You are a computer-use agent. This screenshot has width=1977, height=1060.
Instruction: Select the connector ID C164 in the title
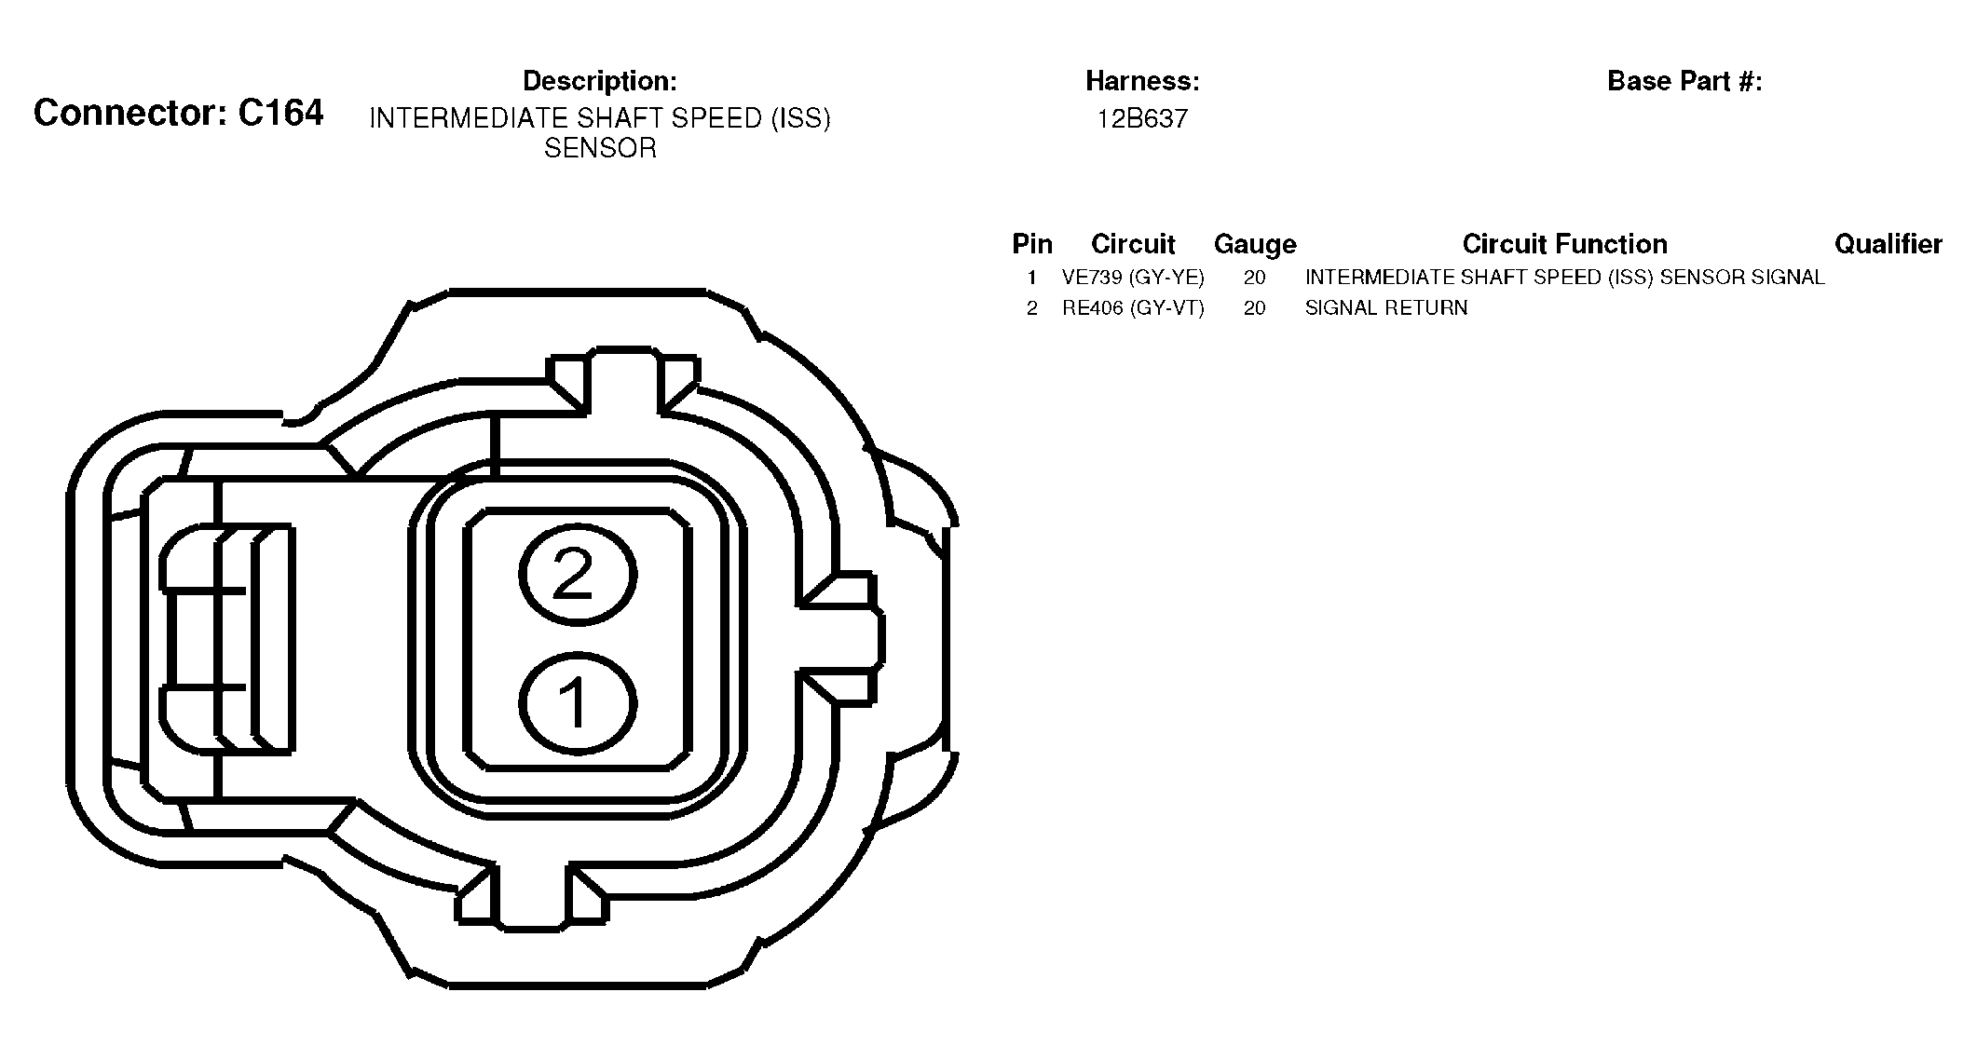[280, 113]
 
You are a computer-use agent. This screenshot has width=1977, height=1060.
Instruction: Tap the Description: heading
[600, 81]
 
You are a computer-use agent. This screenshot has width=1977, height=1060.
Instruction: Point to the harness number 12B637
[1142, 119]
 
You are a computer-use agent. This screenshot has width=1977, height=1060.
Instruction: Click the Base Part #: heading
[1684, 81]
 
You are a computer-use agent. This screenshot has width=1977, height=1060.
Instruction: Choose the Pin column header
[1032, 244]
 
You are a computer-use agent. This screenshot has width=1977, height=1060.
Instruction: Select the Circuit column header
[1133, 244]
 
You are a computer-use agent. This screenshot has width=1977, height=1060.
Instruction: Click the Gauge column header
[1255, 244]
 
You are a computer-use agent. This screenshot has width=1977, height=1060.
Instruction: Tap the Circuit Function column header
[1564, 244]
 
